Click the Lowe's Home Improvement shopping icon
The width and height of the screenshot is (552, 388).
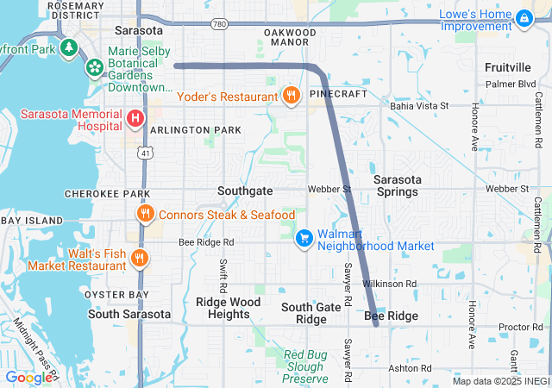click(x=524, y=17)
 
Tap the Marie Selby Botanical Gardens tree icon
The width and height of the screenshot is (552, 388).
click(x=93, y=66)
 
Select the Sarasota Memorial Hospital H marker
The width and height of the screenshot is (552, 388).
click(x=135, y=117)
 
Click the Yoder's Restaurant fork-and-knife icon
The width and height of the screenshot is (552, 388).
click(x=292, y=96)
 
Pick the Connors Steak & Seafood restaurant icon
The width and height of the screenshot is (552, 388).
click(x=144, y=214)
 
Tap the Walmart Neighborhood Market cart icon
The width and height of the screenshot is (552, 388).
click(x=304, y=237)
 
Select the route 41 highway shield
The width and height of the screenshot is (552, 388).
click(x=143, y=153)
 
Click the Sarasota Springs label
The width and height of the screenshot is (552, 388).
click(x=409, y=185)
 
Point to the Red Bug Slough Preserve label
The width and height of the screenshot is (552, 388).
click(x=306, y=366)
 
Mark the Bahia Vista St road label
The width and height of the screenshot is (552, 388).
click(x=420, y=105)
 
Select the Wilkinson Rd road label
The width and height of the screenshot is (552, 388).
click(x=389, y=283)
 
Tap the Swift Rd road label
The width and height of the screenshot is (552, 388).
click(x=223, y=275)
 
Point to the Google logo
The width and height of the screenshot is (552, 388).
click(x=28, y=377)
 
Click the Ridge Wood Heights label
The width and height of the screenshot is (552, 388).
click(x=228, y=308)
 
